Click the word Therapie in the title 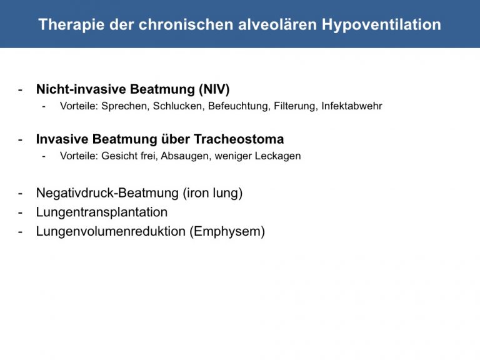pos(72,24)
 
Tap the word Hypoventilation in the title pos(381,24)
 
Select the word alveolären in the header pos(277,24)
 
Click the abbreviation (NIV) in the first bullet pos(214,89)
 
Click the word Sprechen pos(126,106)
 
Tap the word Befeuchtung pos(239,106)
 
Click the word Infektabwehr pos(352,106)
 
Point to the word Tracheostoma pos(239,139)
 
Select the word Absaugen pos(186,156)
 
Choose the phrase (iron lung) pos(212,193)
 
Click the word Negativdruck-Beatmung pos(107,193)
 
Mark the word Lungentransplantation pos(102,212)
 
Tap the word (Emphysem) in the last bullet pos(227,231)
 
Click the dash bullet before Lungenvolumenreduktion pos(21,232)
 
